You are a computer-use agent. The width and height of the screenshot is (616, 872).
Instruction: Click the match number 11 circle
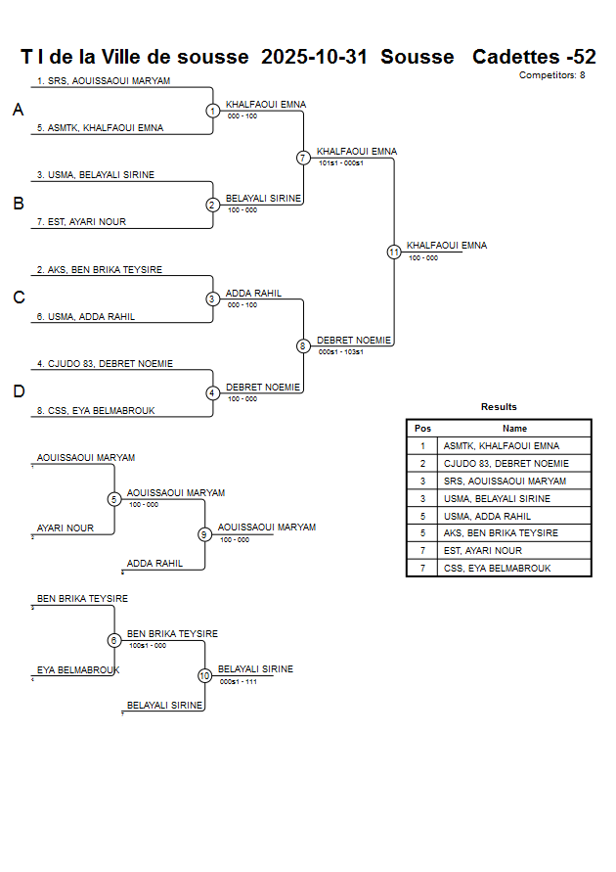point(394,252)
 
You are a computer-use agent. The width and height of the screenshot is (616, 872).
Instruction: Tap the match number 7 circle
point(303,158)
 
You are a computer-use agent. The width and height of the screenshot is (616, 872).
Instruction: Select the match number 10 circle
point(204,675)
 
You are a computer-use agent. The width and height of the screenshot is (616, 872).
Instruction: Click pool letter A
point(18,111)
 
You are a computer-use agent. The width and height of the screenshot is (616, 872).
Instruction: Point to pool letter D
point(18,391)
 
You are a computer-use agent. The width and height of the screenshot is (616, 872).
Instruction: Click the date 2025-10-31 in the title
point(314,57)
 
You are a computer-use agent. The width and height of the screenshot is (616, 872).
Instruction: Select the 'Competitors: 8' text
point(551,74)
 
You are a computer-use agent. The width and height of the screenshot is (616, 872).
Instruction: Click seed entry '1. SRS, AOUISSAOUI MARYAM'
point(104,81)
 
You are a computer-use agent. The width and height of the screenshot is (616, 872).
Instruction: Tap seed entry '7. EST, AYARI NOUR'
point(81,222)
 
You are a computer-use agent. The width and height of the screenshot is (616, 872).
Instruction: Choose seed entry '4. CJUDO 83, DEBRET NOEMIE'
point(105,364)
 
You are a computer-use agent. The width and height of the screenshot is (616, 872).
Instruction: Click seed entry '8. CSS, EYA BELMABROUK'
point(96,411)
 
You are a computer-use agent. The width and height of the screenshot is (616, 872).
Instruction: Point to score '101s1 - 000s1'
point(341,163)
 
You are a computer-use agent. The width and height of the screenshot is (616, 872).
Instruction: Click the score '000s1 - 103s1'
point(341,352)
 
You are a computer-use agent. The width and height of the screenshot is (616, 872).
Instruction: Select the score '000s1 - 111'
point(239,681)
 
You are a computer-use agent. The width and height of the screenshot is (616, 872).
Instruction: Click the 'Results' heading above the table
point(499,407)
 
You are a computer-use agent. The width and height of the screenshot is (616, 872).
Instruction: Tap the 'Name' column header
point(514,429)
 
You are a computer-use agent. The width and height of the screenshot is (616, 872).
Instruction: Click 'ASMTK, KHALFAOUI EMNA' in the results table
point(501,446)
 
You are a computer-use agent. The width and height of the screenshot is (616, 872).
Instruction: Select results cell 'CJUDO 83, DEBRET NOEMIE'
point(506,464)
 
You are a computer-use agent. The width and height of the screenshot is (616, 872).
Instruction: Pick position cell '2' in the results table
point(422,464)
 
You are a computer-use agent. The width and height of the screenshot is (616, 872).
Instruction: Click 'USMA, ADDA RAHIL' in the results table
point(487,516)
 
